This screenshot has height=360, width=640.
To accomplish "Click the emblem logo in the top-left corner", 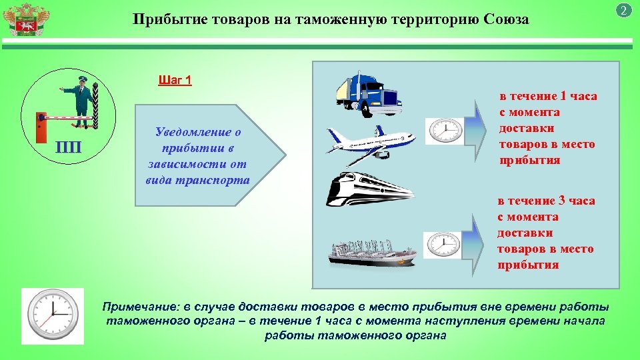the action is point(25,20).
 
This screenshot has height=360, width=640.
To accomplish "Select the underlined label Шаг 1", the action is point(175,81).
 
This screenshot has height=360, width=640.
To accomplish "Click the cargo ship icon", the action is point(373,249).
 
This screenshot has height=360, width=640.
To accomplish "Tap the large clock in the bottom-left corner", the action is point(53,316).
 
